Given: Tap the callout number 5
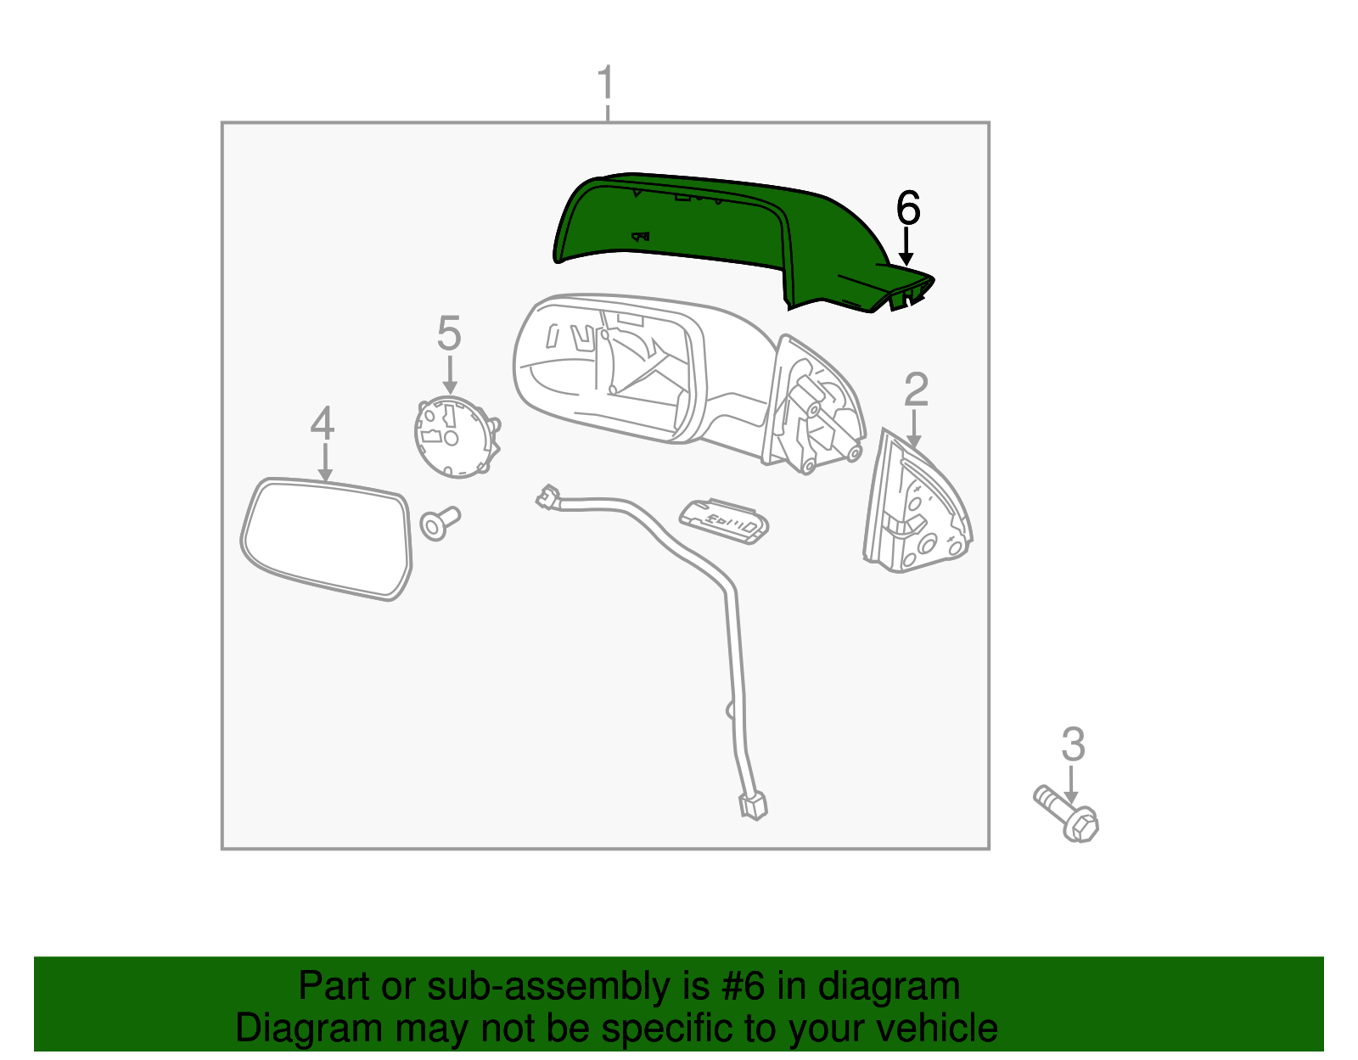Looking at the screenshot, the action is point(449,333).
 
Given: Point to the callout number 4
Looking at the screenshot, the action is point(323,423).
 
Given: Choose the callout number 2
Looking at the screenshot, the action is point(916,390).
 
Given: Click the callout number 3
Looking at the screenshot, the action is point(1073,744).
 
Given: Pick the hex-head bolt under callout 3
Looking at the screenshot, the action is point(1068,814).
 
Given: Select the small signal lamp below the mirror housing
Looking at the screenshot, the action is point(724,521).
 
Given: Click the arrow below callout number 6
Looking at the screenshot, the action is point(906,246).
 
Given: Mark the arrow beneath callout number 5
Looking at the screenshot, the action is point(449,374).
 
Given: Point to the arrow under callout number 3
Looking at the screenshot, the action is point(1071,785).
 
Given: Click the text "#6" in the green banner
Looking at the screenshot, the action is point(743,985).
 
